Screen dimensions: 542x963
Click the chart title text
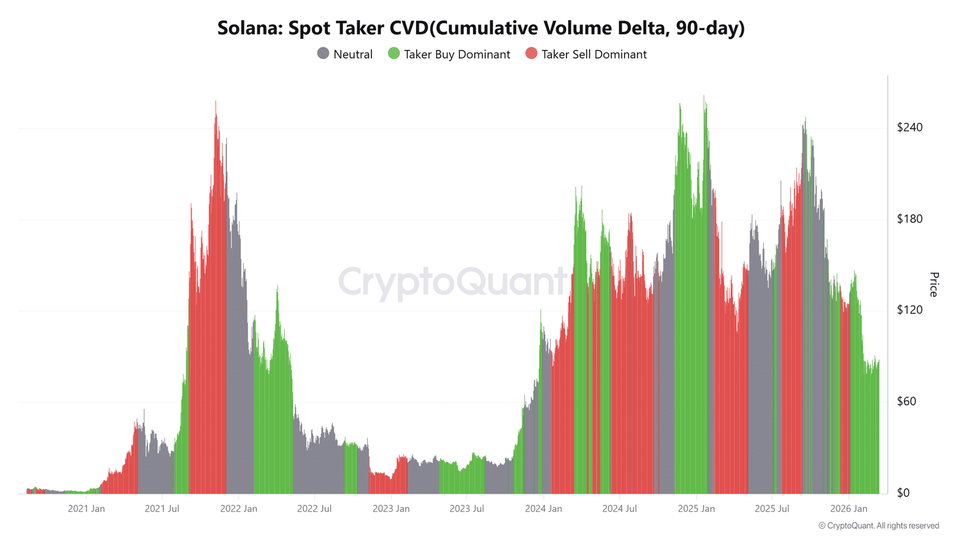point(481,28)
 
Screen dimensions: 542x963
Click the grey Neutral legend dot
point(323,54)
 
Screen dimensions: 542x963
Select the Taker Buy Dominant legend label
point(457,54)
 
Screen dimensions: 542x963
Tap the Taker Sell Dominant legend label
point(593,54)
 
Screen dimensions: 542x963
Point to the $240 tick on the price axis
point(909,127)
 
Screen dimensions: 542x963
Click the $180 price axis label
point(909,219)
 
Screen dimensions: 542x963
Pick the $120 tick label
point(909,310)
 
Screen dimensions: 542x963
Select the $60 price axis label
point(906,401)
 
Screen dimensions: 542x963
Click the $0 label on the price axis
point(903,493)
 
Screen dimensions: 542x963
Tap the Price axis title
point(934,284)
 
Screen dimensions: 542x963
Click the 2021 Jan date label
point(86,509)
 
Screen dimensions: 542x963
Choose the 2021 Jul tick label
point(162,509)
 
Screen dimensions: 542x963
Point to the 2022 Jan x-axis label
point(238,509)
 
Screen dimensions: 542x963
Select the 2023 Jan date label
point(391,509)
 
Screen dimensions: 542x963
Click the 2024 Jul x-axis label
point(619,509)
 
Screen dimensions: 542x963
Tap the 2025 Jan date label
point(696,509)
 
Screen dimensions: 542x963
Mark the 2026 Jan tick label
point(848,509)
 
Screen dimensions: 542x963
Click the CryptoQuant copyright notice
point(878,526)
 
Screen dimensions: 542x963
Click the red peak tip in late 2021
point(215,102)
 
